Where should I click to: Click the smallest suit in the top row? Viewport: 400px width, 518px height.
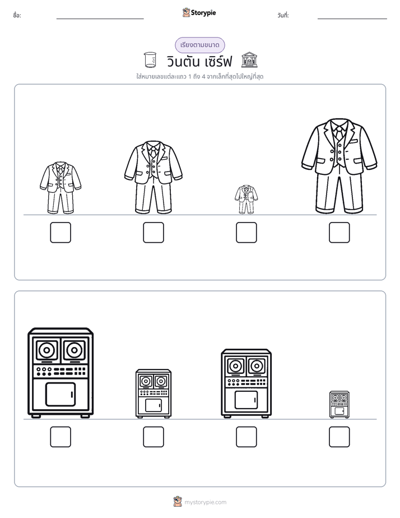point(246,200)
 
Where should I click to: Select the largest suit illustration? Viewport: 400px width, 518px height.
point(339,166)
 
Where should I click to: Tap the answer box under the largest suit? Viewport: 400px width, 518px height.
point(339,233)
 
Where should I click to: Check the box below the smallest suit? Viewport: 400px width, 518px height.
point(246,233)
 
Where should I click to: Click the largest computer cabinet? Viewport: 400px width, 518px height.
point(61,373)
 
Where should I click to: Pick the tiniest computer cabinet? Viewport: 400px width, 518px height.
point(339,405)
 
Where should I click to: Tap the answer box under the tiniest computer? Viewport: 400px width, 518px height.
point(339,437)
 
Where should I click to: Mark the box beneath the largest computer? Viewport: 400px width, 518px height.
point(61,437)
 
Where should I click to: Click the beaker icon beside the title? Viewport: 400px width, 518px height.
point(150,60)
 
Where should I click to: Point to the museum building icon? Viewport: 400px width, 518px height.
point(249,60)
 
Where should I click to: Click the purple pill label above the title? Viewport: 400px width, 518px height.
point(199,45)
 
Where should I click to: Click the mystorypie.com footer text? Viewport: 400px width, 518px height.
point(205,502)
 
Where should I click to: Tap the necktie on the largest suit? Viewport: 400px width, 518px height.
point(339,133)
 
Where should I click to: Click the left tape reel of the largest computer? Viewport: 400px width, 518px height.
point(48,349)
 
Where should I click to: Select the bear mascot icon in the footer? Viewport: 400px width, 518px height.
point(178,502)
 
